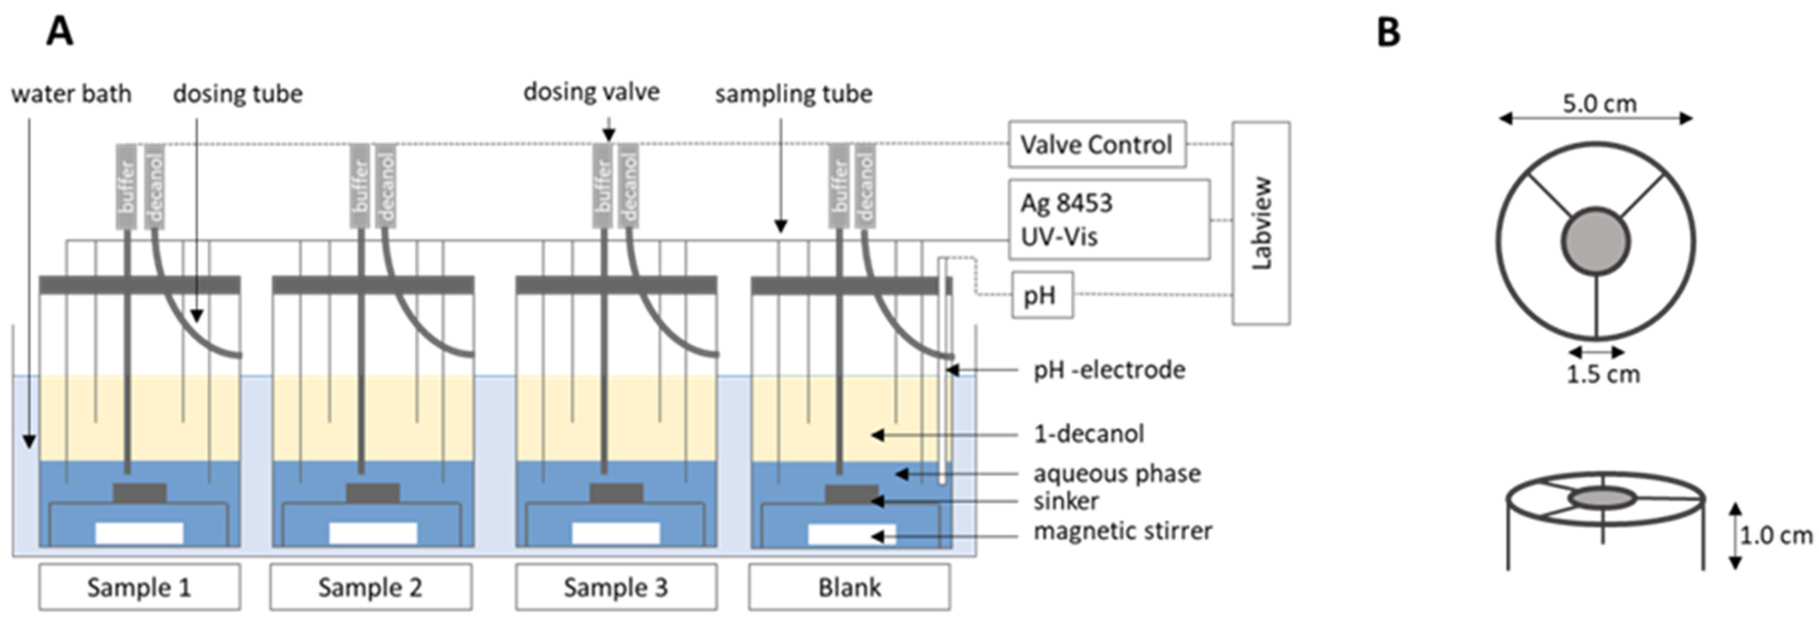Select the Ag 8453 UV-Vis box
pyautogui.click(x=1109, y=219)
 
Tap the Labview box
pyautogui.click(x=1261, y=223)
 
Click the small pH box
pyautogui.click(x=1042, y=295)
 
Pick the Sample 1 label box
pyautogui.click(x=139, y=587)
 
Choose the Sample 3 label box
pyautogui.click(x=616, y=587)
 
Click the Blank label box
pyautogui.click(x=849, y=587)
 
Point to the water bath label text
pyautogui.click(x=71, y=93)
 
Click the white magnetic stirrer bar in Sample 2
pyautogui.click(x=373, y=533)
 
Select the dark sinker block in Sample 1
pyautogui.click(x=140, y=493)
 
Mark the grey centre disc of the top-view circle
pyautogui.click(x=1596, y=241)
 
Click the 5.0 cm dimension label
pyautogui.click(x=1599, y=104)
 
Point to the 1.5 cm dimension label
pyautogui.click(x=1603, y=374)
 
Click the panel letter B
pyautogui.click(x=1388, y=33)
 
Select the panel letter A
pyautogui.click(x=60, y=33)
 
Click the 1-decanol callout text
pyautogui.click(x=1088, y=433)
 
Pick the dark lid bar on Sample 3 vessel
pyautogui.click(x=616, y=285)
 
